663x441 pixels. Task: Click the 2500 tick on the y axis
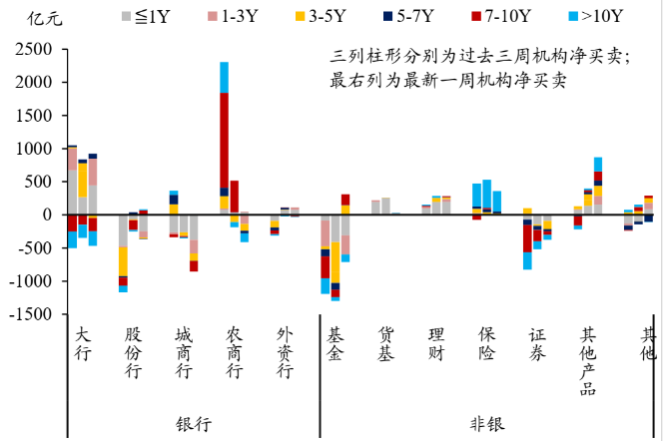pos(35,49)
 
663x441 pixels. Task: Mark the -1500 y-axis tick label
pos(31,314)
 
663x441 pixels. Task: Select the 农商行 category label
pos(234,353)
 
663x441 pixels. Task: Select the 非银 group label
pos(487,423)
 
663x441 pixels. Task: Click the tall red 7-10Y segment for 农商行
pos(224,140)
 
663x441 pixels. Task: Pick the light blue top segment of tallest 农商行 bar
pos(224,77)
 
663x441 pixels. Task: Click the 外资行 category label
pos(285,353)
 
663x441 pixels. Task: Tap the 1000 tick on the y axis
pos(35,149)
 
